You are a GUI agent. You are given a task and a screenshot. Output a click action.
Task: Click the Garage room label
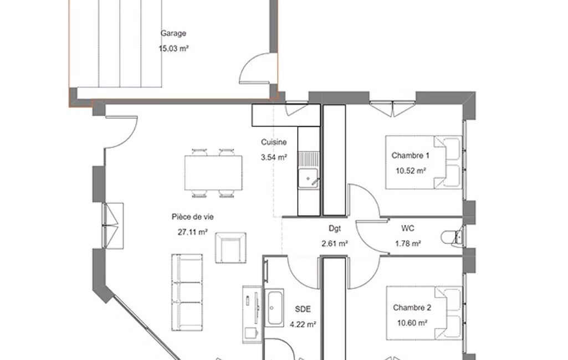click(173, 33)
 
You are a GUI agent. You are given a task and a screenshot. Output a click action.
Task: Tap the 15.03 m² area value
click(174, 48)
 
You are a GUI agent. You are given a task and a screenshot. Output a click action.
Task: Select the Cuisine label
click(274, 142)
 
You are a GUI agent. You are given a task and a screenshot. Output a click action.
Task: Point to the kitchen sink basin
click(308, 178)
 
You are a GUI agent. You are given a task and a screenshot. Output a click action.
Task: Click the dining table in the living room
click(213, 173)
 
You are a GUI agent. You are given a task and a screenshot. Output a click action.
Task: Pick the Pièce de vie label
click(193, 217)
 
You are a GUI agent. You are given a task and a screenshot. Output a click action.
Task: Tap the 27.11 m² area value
click(193, 232)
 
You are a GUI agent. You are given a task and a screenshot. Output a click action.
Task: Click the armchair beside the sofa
click(231, 248)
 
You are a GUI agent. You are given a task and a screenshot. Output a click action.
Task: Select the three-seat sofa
click(187, 292)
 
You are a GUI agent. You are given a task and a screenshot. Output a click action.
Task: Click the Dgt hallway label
click(335, 229)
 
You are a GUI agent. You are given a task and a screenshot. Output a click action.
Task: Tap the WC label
click(407, 228)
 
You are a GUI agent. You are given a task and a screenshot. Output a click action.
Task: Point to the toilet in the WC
click(452, 238)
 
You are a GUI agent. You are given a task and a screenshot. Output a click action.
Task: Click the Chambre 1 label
click(411, 156)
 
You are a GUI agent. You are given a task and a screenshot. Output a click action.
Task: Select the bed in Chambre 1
click(424, 162)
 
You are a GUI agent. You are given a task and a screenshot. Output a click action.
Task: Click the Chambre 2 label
click(412, 307)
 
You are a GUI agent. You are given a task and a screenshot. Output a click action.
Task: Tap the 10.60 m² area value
click(412, 323)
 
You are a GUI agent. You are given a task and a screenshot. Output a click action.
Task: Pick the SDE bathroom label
click(303, 309)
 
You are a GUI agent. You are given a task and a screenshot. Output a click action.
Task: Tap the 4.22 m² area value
click(303, 324)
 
